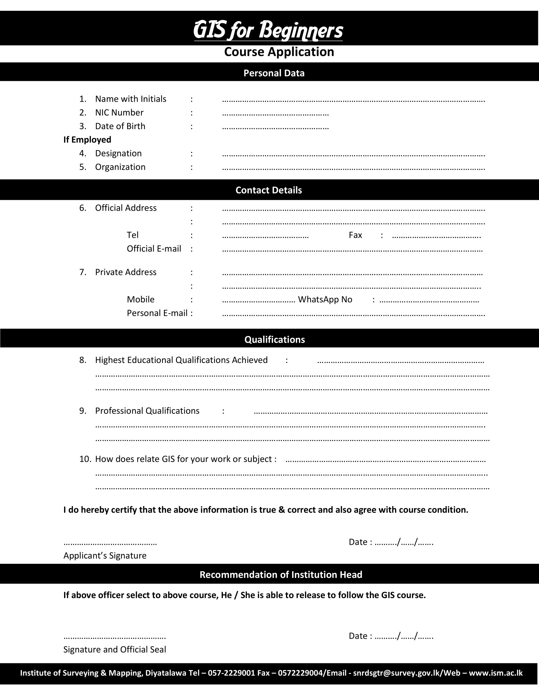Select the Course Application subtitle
(279, 52)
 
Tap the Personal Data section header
(274, 73)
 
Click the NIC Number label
(119, 113)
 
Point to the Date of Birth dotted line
(275, 128)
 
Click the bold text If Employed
(87, 140)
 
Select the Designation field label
(118, 154)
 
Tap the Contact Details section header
(269, 190)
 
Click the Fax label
(355, 235)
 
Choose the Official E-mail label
(153, 249)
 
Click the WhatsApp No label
(325, 300)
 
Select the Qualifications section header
(275, 339)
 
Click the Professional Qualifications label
(147, 411)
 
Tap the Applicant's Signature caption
(105, 556)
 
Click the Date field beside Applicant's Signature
(391, 542)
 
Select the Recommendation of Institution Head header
(281, 575)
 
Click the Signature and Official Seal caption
(115, 649)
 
